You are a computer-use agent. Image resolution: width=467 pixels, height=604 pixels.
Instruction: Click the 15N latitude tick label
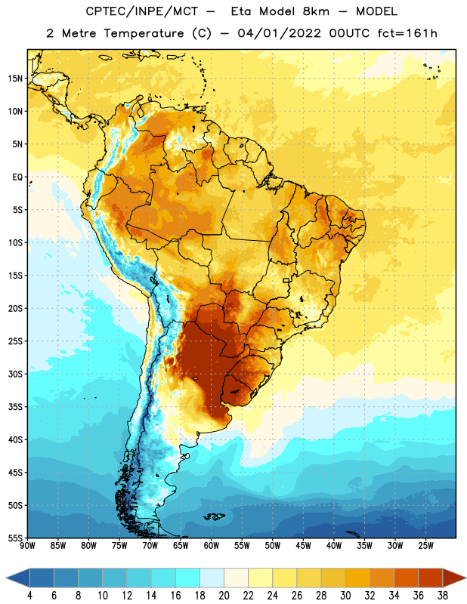pos(15,79)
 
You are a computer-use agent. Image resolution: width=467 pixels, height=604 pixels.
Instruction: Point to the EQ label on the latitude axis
pos(17,177)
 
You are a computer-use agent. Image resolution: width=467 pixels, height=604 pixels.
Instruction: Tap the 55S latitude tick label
pos(15,538)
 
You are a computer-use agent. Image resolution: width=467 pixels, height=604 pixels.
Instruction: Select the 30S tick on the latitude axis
pos(15,374)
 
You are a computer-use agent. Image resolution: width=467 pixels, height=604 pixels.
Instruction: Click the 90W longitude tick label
pos(27,546)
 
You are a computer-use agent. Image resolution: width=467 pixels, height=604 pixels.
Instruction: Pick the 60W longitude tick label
pos(212,546)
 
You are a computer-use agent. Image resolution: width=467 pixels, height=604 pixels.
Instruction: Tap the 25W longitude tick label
pos(425,546)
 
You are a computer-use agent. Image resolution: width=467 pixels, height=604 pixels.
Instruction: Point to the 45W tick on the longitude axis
pos(303,546)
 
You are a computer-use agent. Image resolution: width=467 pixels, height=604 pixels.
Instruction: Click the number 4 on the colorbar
pos(29,596)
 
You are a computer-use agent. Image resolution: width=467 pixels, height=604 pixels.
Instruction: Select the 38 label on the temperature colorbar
pos(443,596)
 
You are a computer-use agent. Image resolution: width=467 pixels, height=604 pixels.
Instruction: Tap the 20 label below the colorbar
pos(224,596)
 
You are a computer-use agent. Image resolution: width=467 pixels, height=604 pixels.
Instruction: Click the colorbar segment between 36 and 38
pos(431,578)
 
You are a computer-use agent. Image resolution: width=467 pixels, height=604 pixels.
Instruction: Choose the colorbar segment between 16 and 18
pos(188,578)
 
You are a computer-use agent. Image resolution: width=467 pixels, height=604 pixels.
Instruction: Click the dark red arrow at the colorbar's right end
pos(454,578)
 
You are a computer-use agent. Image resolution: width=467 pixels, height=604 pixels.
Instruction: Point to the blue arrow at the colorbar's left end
pos(17,578)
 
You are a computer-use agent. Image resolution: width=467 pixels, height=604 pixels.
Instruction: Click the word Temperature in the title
pos(144,33)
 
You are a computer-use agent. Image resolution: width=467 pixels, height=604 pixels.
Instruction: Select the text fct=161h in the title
pos(407,33)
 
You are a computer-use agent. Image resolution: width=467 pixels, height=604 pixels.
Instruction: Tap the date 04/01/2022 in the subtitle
pos(279,33)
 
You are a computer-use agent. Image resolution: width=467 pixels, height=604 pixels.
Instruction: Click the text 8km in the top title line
pos(316,11)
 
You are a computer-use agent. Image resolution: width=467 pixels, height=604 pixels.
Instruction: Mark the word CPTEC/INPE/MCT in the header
pos(142,11)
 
